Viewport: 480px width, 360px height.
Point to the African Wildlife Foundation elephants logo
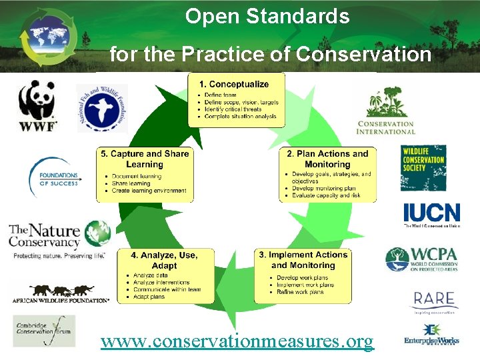point(60,293)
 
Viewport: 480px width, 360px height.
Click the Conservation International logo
point(386,111)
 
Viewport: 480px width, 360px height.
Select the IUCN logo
point(431,215)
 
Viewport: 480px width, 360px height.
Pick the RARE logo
point(433,301)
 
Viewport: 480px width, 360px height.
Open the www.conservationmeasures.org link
point(237,341)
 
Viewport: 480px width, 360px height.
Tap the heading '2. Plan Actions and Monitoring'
point(327,159)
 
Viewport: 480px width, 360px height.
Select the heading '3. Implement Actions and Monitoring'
point(303,260)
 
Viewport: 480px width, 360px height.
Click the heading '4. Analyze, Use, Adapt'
point(164,260)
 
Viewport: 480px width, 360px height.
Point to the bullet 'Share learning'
point(131,183)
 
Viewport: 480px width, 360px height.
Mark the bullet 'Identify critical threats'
point(233,109)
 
